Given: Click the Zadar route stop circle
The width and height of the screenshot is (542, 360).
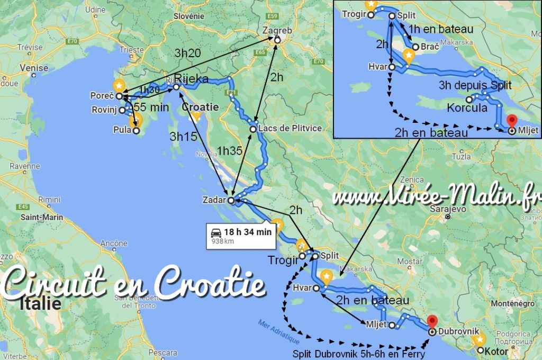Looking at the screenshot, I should pyautogui.click(x=231, y=200).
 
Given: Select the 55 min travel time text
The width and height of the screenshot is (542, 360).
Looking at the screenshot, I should pyautogui.click(x=151, y=107).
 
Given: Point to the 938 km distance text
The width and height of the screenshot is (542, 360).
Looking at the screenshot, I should pyautogui.click(x=222, y=241).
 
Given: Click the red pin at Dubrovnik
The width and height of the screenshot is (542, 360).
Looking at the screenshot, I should pyautogui.click(x=432, y=321).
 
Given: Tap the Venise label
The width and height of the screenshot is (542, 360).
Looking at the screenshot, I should pyautogui.click(x=34, y=68).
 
